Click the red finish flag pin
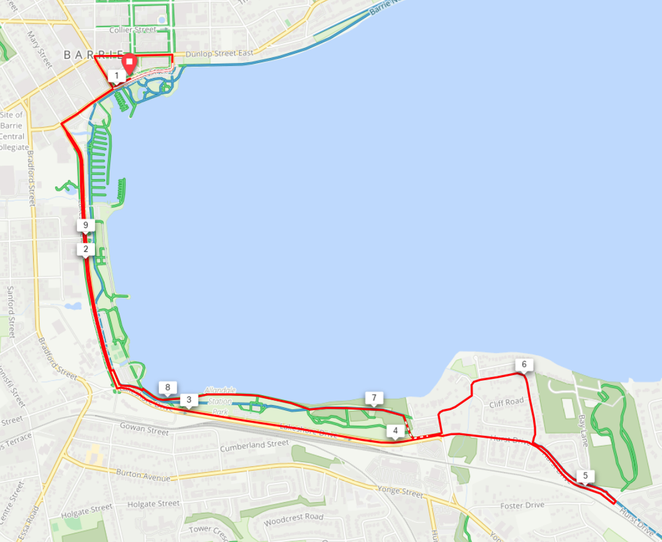[130, 63]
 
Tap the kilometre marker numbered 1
[117, 76]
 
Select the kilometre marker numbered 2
[85, 249]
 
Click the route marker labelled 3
[189, 400]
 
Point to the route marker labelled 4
[395, 431]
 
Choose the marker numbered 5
[585, 475]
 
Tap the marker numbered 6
[524, 365]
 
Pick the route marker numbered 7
[374, 398]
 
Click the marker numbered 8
[168, 387]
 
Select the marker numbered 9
[85, 226]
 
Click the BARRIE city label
[93, 54]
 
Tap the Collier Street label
[132, 30]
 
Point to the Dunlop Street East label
[219, 54]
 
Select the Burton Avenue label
[143, 476]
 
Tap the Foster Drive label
[522, 506]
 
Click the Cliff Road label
[506, 401]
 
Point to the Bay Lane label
[583, 430]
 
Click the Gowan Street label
[144, 429]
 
